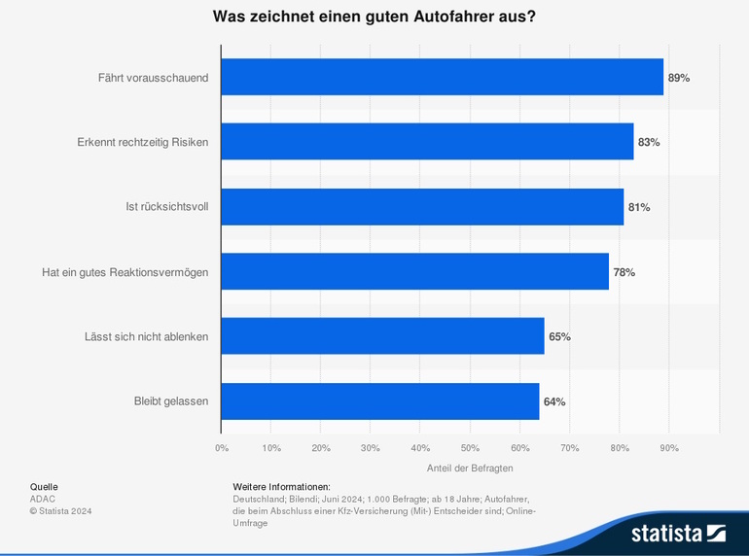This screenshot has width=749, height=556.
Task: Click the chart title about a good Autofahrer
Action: pyautogui.click(x=374, y=17)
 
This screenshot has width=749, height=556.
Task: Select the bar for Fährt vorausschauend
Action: pyautogui.click(x=443, y=77)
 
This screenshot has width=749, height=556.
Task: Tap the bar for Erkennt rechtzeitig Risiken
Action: pyautogui.click(x=427, y=142)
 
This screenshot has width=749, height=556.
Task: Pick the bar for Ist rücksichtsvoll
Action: pyautogui.click(x=422, y=207)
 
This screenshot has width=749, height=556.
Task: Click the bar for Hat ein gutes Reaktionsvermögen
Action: pyautogui.click(x=414, y=271)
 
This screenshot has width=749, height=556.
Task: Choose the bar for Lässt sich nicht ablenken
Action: pyautogui.click(x=382, y=336)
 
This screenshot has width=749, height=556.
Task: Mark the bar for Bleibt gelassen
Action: pyautogui.click(x=380, y=401)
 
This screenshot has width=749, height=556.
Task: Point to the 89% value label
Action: pyautogui.click(x=679, y=78)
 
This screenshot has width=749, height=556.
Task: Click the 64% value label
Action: pyautogui.click(x=554, y=401)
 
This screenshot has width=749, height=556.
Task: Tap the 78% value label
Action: pyautogui.click(x=624, y=272)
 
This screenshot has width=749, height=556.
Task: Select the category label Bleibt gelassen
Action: pyautogui.click(x=170, y=401)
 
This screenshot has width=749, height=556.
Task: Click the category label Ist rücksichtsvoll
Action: pyautogui.click(x=167, y=207)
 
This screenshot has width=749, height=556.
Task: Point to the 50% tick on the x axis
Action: pyautogui.click(x=470, y=448)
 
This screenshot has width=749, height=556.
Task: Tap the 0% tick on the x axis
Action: pyautogui.click(x=222, y=448)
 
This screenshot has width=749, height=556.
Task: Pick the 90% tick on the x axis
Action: pyautogui.click(x=669, y=448)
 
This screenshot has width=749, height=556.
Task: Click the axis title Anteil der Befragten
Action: pyautogui.click(x=470, y=468)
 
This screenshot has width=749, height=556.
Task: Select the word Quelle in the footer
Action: pyautogui.click(x=44, y=486)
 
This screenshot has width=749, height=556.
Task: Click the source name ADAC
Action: pyautogui.click(x=43, y=498)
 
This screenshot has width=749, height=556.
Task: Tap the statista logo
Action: pyautogui.click(x=678, y=533)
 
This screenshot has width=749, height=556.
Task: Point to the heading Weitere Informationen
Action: pyautogui.click(x=282, y=486)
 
